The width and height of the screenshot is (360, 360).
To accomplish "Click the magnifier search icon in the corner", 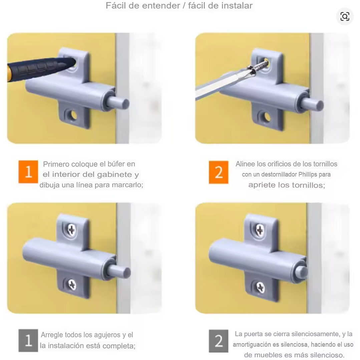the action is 345,17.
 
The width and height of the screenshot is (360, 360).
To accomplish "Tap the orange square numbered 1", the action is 28,172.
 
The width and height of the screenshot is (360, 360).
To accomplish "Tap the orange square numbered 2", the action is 219,172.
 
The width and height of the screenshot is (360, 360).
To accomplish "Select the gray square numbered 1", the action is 28,341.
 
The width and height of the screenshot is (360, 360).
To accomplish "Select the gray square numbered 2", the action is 219,341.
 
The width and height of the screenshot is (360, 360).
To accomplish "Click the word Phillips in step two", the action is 308,174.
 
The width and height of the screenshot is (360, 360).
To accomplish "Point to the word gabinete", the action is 114,175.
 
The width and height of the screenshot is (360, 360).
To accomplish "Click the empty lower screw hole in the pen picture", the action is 73,115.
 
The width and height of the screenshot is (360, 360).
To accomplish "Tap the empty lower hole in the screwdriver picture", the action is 267,117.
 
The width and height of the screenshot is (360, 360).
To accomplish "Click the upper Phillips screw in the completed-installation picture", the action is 72,229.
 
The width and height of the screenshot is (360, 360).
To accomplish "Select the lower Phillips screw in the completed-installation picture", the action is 72,285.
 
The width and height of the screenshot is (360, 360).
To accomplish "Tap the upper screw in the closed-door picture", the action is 260,230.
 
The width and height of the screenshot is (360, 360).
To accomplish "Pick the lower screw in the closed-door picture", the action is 260,287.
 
